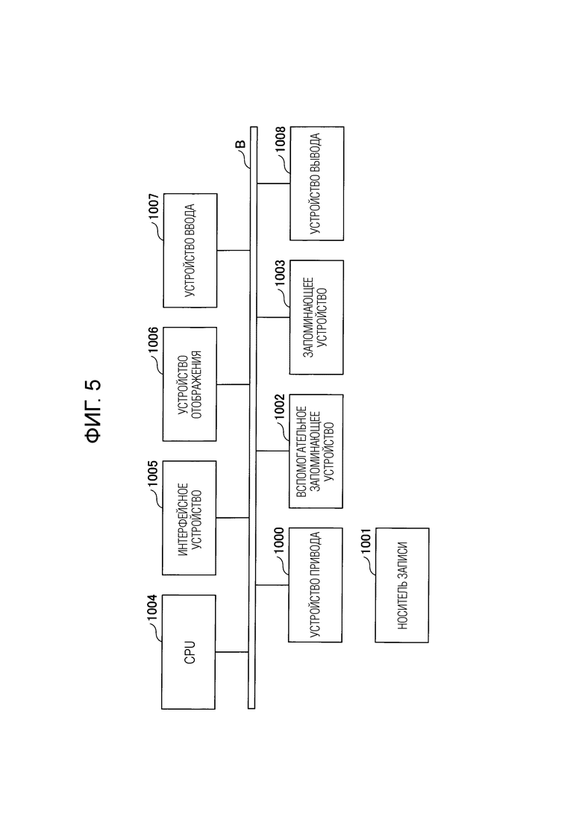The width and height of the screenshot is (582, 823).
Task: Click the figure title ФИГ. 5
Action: tap(94, 411)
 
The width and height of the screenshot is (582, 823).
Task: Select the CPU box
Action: tap(188, 652)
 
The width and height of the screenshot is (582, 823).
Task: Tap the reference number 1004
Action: tap(152, 608)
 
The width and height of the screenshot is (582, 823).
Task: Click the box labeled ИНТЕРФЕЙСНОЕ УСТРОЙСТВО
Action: tap(189, 518)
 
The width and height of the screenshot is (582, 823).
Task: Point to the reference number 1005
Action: tap(153, 474)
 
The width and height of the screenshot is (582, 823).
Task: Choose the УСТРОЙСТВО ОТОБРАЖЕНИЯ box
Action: tap(190, 384)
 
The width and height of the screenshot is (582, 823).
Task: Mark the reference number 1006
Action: tap(153, 341)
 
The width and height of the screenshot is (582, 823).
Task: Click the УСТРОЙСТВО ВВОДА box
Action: tap(190, 251)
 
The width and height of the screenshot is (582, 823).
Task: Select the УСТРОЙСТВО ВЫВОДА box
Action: tap(317, 184)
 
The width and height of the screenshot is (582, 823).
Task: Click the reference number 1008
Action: tap(281, 140)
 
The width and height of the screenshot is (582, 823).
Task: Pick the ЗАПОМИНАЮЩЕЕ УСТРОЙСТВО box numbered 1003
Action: tap(316, 317)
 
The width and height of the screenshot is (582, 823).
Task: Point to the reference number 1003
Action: tap(281, 273)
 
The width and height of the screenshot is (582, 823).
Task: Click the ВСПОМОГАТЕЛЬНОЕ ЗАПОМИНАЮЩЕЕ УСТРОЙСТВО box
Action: tap(316, 451)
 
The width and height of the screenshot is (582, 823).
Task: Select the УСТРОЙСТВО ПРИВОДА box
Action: tap(315, 585)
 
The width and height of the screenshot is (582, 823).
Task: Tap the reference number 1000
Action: tap(279, 541)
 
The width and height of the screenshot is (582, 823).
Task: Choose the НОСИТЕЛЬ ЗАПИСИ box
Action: tap(402, 585)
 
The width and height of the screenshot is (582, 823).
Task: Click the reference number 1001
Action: tap(366, 541)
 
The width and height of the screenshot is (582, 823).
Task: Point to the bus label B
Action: tap(242, 144)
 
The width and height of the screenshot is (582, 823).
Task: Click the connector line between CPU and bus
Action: tap(231, 652)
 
